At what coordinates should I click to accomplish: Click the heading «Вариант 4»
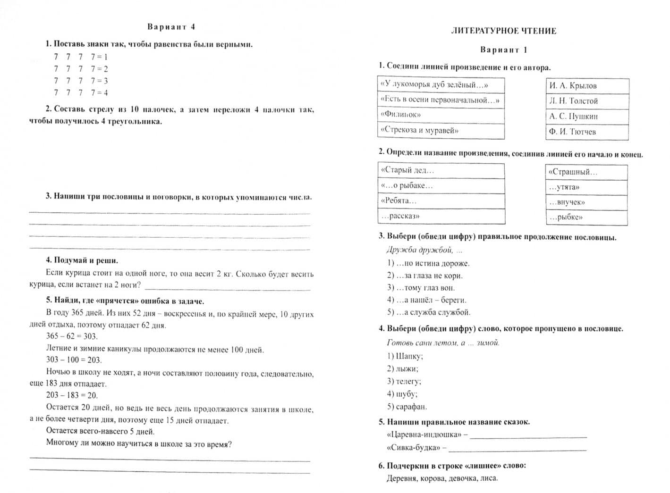tap(171, 27)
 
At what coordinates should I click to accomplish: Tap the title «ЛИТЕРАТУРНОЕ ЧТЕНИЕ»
tap(503, 31)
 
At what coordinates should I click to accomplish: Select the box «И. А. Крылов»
tap(587, 86)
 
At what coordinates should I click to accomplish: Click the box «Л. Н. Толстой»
tap(587, 101)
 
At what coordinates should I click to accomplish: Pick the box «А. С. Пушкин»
tap(587, 117)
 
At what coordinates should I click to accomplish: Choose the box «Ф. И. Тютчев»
tap(587, 132)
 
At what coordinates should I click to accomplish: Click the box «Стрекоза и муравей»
tap(441, 131)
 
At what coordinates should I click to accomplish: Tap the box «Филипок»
tap(441, 115)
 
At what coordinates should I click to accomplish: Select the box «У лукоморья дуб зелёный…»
tap(441, 85)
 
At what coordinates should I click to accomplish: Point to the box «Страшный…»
tap(586, 172)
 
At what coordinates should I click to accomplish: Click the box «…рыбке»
tap(586, 217)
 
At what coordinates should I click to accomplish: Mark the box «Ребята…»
tap(441, 201)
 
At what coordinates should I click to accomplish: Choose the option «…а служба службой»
tap(429, 312)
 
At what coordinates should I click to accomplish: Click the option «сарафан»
tap(407, 407)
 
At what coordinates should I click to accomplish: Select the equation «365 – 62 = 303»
tap(72, 336)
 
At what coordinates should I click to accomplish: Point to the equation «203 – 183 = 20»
tap(72, 395)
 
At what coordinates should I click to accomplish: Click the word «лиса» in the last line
tap(488, 478)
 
